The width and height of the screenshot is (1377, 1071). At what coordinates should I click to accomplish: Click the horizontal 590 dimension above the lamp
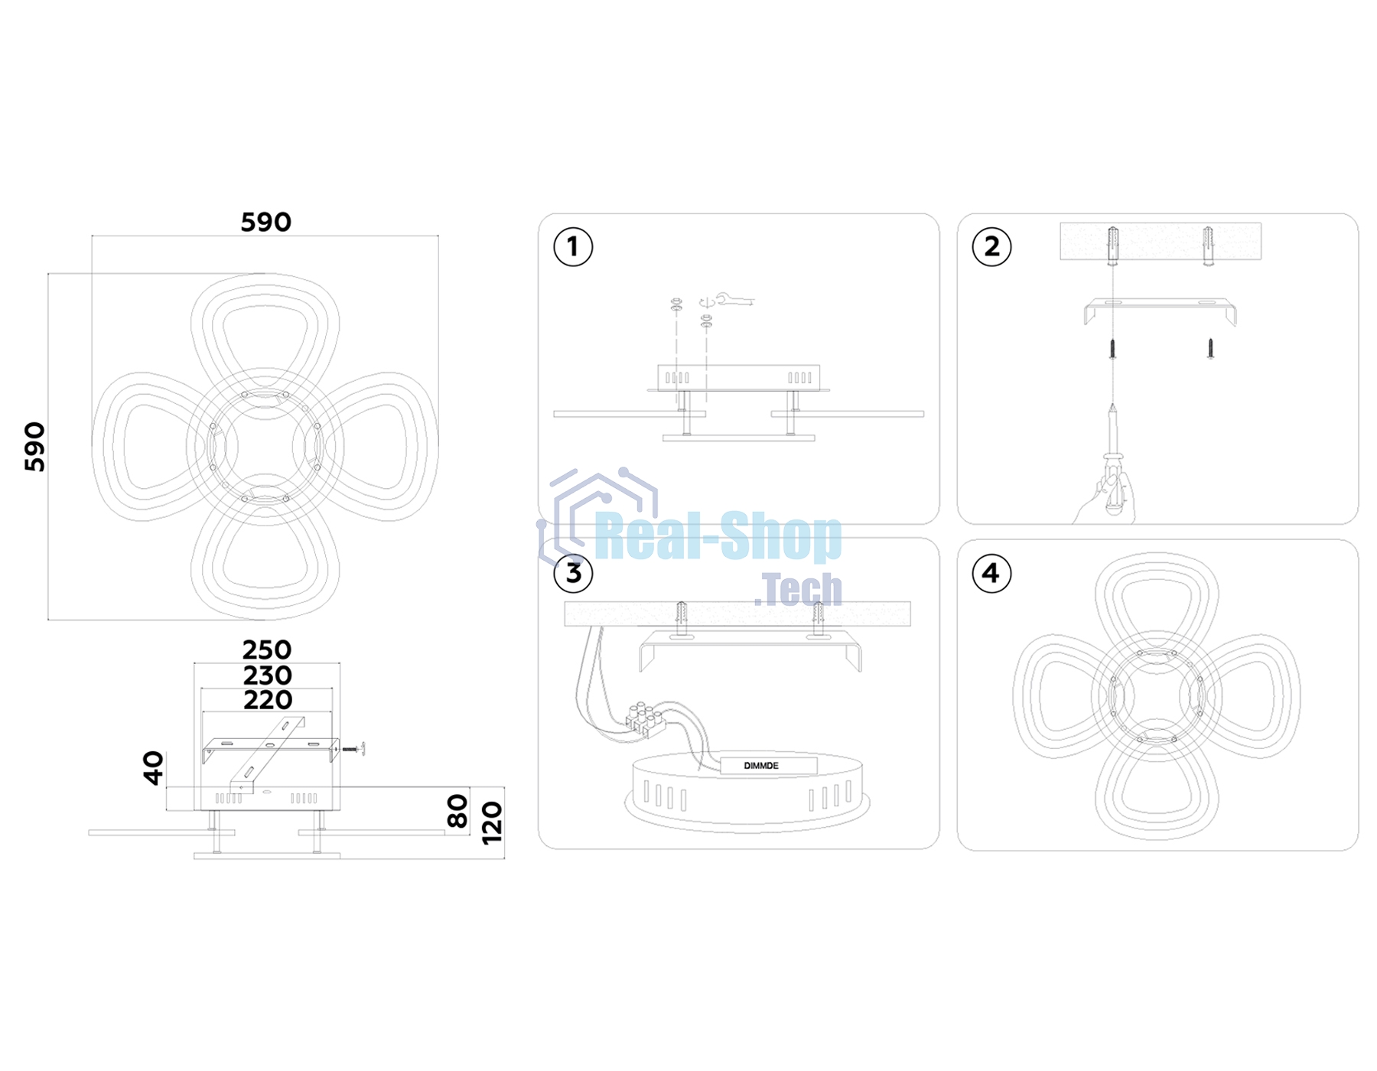pyautogui.click(x=265, y=223)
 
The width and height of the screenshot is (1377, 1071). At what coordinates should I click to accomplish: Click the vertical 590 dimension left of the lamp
pyautogui.click(x=35, y=447)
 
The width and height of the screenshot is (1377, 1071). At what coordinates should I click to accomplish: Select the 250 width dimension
pyautogui.click(x=267, y=650)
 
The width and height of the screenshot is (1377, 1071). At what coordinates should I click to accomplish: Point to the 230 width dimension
pyautogui.click(x=268, y=675)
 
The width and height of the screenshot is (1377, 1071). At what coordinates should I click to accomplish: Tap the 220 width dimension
pyautogui.click(x=268, y=700)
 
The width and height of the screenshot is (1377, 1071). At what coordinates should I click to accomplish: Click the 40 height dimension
pyautogui.click(x=154, y=768)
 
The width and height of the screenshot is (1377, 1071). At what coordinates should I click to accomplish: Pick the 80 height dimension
pyautogui.click(x=457, y=811)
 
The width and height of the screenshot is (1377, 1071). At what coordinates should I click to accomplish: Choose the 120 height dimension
pyautogui.click(x=493, y=822)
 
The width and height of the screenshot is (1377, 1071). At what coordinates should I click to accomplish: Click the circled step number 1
pyautogui.click(x=573, y=247)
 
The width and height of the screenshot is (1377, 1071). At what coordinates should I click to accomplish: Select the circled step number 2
pyautogui.click(x=991, y=247)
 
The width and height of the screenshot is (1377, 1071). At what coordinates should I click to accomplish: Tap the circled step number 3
pyautogui.click(x=573, y=573)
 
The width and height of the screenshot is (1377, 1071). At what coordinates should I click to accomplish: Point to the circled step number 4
pyautogui.click(x=991, y=573)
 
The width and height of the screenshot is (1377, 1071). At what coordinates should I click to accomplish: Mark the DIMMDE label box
pyautogui.click(x=769, y=765)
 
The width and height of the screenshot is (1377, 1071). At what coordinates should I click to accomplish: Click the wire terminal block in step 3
pyautogui.click(x=645, y=719)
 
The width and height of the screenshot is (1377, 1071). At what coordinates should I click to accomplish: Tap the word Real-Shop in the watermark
pyautogui.click(x=718, y=537)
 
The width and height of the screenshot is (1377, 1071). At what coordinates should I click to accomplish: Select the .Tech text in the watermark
pyautogui.click(x=798, y=590)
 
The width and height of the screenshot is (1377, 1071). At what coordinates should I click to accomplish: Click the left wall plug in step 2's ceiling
pyautogui.click(x=1114, y=246)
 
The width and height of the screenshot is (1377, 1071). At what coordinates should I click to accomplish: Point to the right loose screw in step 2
pyautogui.click(x=1210, y=348)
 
